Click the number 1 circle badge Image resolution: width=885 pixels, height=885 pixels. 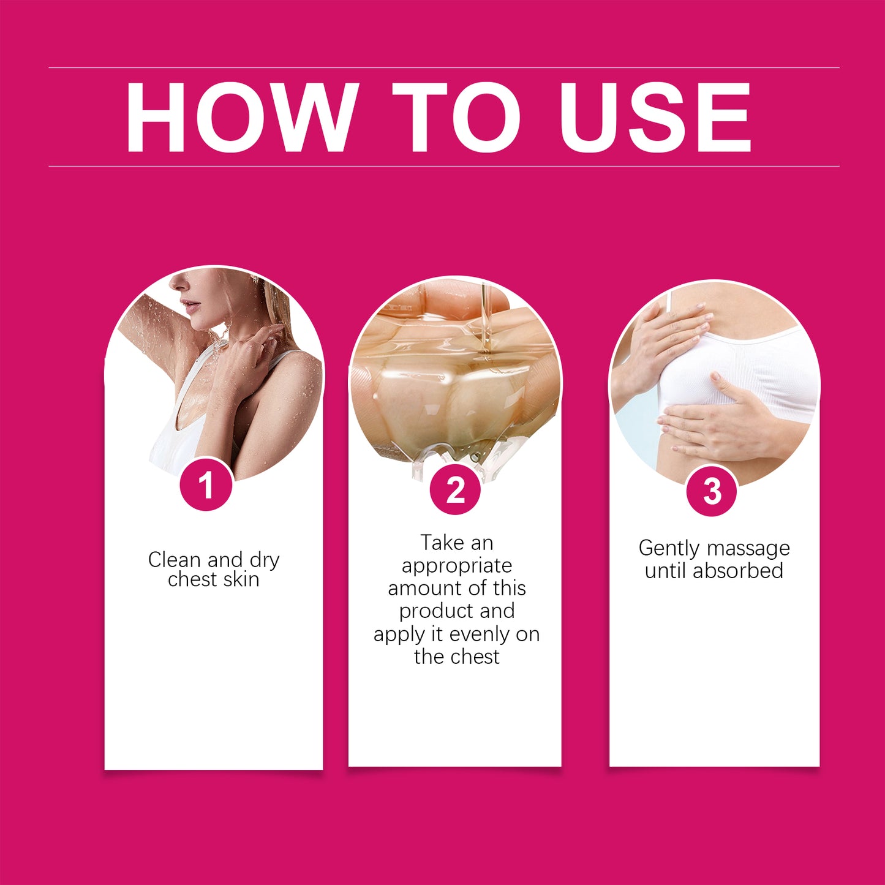click(206, 484)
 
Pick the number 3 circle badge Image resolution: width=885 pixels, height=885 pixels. click(712, 491)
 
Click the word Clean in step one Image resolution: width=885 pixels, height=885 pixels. click(175, 559)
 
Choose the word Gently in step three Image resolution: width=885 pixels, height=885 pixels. click(669, 548)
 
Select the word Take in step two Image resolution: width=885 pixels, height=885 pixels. click(440, 543)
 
